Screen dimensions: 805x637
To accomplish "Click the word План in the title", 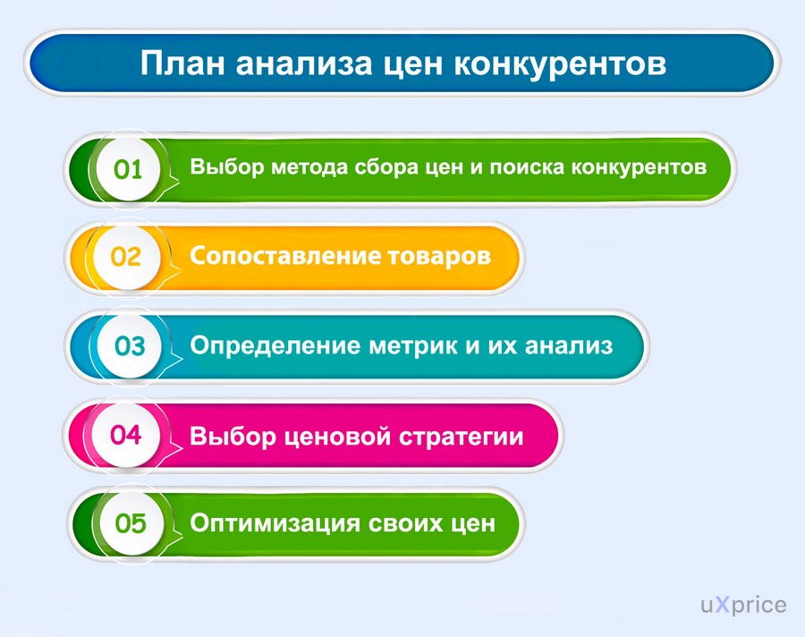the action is click(182, 64).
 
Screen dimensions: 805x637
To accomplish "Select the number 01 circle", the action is click(127, 169).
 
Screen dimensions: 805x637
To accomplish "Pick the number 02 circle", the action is click(126, 257).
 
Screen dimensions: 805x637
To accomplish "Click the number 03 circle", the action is click(129, 345).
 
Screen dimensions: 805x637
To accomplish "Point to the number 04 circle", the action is click(126, 435).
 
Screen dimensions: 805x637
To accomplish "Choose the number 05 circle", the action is click(131, 523).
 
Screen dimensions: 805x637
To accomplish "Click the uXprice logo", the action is click(743, 605).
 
